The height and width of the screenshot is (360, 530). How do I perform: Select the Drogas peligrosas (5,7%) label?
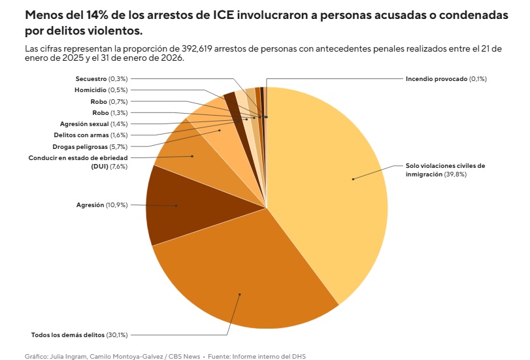[x=90, y=146]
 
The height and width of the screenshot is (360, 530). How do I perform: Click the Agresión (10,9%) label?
[x=102, y=205]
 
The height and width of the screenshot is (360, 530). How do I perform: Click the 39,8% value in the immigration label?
[x=455, y=174]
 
